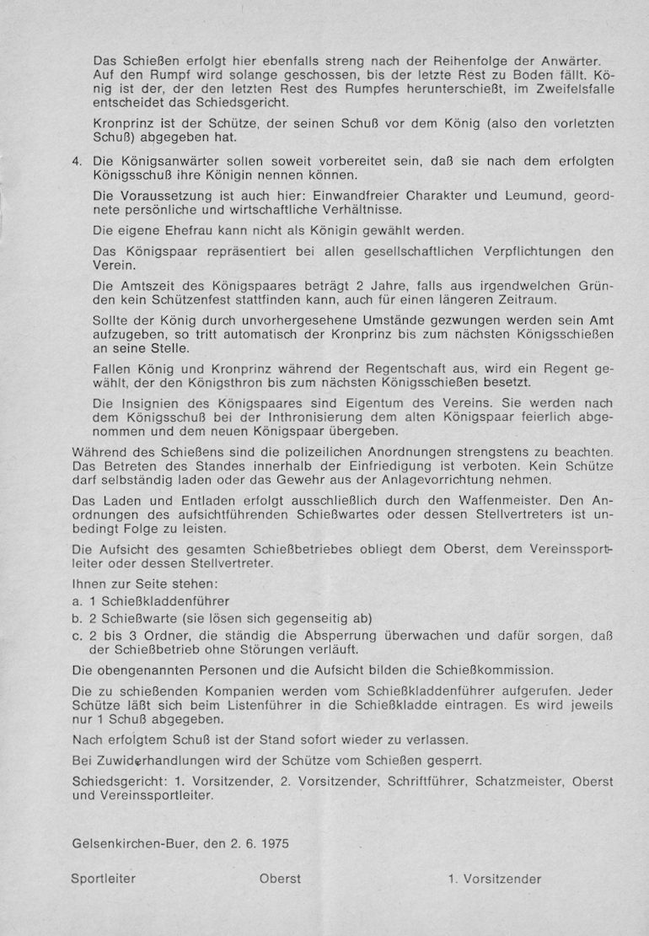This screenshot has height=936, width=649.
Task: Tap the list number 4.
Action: click(x=77, y=161)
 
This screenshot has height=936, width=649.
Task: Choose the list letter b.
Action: click(x=77, y=617)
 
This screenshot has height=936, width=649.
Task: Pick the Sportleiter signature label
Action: click(x=104, y=879)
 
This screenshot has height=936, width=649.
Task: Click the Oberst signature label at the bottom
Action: click(x=280, y=879)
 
